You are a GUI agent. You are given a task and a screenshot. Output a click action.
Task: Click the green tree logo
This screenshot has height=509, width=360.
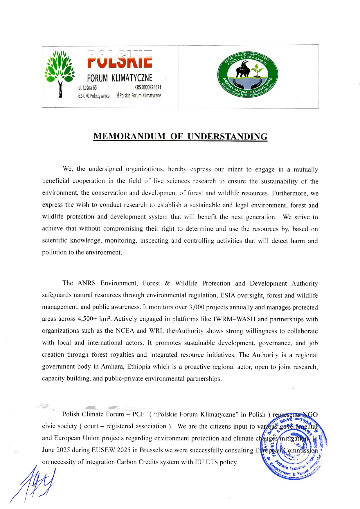(x=60, y=73)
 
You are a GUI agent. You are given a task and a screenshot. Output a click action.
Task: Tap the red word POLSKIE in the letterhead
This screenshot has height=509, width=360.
(x=120, y=59)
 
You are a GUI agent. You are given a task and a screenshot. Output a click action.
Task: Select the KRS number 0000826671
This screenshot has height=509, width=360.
(x=148, y=87)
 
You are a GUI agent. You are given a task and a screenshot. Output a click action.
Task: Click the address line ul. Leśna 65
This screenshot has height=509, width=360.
(x=87, y=88)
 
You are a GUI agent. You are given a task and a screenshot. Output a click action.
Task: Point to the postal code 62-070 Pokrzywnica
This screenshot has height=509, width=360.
(x=94, y=96)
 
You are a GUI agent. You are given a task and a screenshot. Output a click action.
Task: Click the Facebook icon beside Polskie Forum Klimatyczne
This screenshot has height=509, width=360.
(x=118, y=95)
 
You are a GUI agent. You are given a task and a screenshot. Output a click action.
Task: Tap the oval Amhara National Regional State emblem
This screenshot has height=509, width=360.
(x=248, y=75)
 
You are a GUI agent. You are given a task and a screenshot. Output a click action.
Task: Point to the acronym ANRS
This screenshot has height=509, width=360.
(x=87, y=283)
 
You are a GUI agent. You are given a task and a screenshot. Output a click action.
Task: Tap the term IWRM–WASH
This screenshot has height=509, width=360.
(x=235, y=319)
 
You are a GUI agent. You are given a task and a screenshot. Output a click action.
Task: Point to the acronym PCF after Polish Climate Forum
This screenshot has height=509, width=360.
(x=138, y=414)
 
